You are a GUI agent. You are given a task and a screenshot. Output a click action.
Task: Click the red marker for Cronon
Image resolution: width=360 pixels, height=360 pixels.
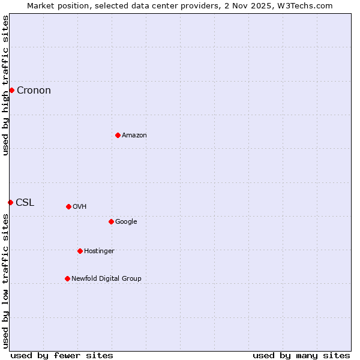(x=11, y=90)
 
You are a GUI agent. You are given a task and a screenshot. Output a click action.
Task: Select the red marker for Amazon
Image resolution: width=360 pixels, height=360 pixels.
(x=118, y=135)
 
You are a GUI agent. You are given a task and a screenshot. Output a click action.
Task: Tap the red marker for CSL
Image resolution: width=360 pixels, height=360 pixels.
(x=10, y=202)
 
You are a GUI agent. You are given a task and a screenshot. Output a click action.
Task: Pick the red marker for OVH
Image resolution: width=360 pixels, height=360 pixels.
(x=68, y=206)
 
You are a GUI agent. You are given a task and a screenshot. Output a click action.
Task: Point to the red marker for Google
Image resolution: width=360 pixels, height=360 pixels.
(x=111, y=221)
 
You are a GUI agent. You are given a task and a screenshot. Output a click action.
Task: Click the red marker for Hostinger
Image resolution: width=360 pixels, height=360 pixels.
(x=80, y=251)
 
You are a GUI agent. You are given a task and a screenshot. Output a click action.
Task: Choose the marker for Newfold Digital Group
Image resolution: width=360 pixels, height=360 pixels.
(x=67, y=278)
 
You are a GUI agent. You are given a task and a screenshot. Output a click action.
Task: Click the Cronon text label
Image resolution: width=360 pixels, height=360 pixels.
(x=34, y=91)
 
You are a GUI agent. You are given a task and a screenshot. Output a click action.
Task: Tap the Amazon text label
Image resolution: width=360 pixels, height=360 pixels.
(x=134, y=136)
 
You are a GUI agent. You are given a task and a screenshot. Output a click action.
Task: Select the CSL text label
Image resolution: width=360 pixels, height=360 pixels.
(x=25, y=203)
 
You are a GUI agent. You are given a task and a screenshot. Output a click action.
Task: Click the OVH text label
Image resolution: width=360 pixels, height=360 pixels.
(x=80, y=207)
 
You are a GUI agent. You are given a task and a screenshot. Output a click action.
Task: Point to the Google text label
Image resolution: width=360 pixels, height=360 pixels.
(x=126, y=222)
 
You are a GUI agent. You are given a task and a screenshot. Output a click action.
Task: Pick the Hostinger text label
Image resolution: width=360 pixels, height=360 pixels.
(x=99, y=251)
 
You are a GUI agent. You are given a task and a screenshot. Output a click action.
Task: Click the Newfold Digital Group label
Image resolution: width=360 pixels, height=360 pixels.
(x=106, y=279)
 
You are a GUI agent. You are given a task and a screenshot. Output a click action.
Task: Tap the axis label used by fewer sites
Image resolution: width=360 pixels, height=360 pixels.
(x=62, y=355)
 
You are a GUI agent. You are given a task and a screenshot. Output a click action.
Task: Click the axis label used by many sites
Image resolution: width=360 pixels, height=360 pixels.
(x=301, y=355)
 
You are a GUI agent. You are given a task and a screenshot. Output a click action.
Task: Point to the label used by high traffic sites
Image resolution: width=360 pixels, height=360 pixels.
(x=5, y=85)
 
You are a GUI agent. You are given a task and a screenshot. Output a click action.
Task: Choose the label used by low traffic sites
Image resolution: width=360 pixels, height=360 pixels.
(x=5, y=281)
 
